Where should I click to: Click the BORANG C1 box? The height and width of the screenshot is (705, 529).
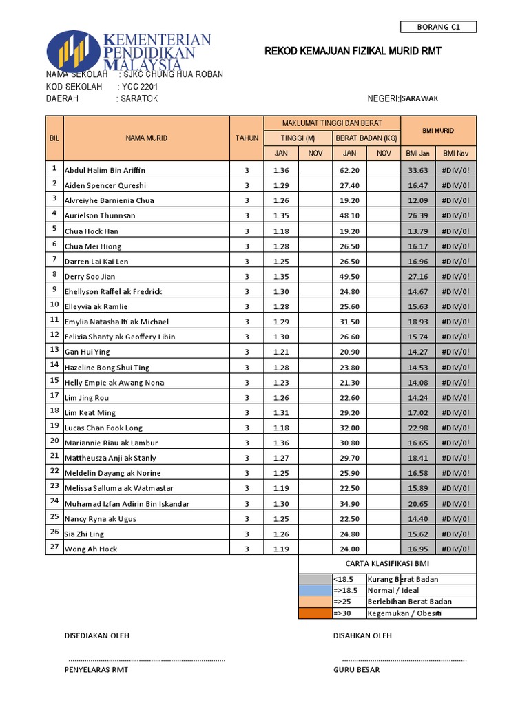point(438,28)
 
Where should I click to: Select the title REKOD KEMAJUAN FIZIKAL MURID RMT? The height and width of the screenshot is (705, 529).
point(353,52)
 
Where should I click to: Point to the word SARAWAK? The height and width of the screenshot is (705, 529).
point(420,98)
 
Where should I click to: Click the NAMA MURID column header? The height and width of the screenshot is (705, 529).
point(146,138)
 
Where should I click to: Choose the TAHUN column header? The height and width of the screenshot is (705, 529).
point(247,138)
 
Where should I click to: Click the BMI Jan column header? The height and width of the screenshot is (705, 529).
point(418,153)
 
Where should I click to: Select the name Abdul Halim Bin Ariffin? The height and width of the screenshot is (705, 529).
point(105,170)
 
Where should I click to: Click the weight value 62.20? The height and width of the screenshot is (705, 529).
point(349,170)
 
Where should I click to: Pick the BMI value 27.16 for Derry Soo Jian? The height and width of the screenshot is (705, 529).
point(418,276)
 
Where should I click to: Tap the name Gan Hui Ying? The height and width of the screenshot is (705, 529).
point(87,352)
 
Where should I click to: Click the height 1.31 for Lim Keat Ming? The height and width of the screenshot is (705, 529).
point(281,412)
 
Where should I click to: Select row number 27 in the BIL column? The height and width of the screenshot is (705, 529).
point(54,547)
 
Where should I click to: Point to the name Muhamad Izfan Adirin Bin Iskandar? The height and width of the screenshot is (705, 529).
point(127,503)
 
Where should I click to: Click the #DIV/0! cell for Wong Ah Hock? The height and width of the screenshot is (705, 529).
point(455,549)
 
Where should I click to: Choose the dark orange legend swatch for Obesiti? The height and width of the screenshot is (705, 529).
point(315,613)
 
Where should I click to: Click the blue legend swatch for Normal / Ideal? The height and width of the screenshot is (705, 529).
point(315,590)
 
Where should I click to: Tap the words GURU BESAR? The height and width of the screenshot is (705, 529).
point(356,669)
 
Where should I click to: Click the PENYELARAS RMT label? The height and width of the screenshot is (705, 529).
point(96,669)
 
